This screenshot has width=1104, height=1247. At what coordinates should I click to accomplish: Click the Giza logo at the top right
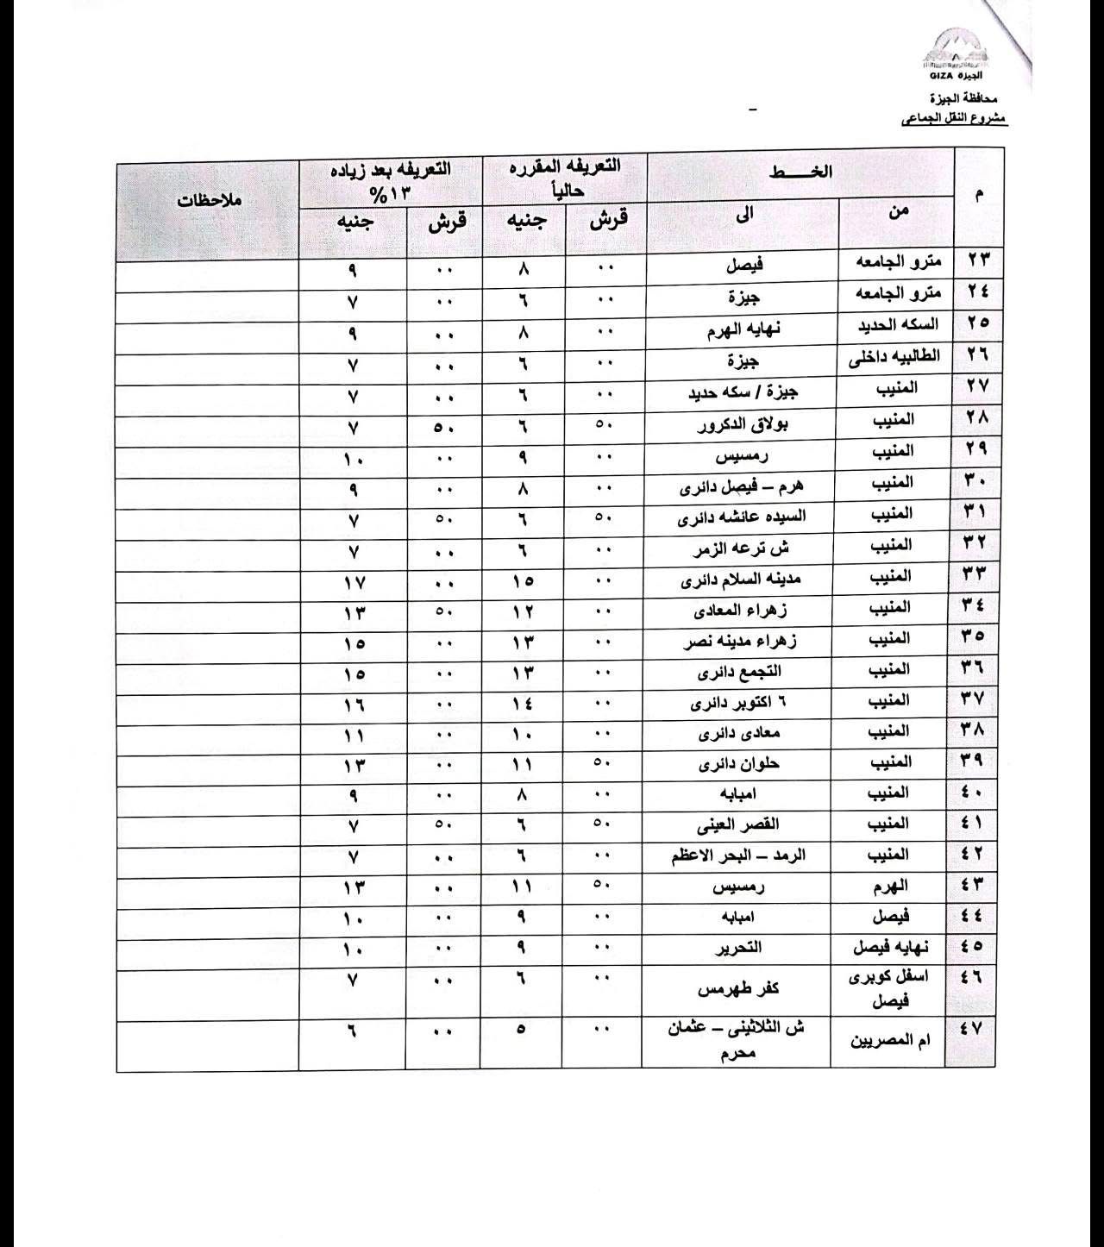955,56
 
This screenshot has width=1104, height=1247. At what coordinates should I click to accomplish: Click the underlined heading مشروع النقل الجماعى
954,119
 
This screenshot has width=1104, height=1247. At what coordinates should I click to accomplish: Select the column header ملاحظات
209,201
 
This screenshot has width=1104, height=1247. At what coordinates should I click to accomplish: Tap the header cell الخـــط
800,172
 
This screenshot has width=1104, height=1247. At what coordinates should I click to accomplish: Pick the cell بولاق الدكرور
747,423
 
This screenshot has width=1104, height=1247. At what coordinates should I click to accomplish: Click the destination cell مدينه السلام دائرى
742,580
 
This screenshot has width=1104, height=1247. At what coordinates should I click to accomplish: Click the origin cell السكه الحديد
897,325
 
